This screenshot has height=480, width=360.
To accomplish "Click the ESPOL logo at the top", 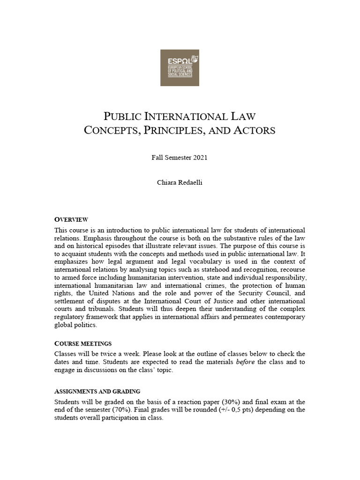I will click(180, 67).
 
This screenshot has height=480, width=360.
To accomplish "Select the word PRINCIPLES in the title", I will click(179, 130).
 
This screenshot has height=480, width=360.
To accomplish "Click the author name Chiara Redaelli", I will click(180, 183).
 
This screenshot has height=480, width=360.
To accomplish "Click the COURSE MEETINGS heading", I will click(83, 344).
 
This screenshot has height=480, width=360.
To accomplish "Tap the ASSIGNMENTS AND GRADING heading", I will click(97, 391).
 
